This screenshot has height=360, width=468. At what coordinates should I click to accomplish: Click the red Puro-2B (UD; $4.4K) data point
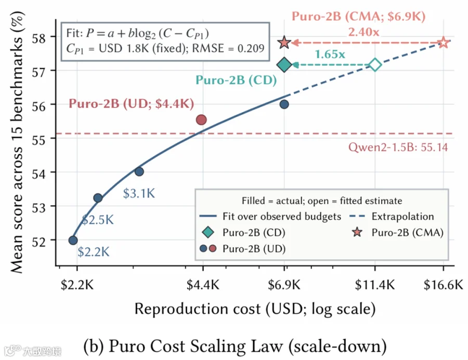[x=201, y=120]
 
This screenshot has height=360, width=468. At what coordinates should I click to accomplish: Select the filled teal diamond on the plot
[x=284, y=65]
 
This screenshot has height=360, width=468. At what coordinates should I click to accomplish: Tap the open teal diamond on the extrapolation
[x=375, y=65]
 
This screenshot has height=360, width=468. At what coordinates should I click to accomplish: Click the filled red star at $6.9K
[x=284, y=43]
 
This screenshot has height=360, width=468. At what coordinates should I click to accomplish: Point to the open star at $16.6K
[x=444, y=43]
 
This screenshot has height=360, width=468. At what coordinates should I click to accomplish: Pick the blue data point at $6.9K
[x=284, y=104]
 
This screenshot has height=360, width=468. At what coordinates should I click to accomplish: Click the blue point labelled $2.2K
[x=73, y=240]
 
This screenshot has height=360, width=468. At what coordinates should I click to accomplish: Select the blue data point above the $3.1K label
[x=139, y=171]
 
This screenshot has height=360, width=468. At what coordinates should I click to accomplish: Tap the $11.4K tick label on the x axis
[x=375, y=285]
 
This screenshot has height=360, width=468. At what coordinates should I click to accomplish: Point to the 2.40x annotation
[x=363, y=32]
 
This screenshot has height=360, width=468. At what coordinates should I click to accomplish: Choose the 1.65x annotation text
[x=330, y=54]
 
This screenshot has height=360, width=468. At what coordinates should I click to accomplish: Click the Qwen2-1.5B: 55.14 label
[x=398, y=147]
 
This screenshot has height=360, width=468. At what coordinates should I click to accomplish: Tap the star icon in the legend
[x=357, y=232]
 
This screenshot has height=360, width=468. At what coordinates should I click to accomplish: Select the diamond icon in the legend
[x=208, y=232]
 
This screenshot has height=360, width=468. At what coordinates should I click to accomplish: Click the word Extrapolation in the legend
[x=402, y=216]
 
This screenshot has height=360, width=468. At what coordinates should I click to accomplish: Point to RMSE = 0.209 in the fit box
[x=228, y=48]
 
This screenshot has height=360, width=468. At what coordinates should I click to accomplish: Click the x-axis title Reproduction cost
[x=197, y=309]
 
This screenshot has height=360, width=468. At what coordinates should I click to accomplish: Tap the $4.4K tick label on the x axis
[x=203, y=285]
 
